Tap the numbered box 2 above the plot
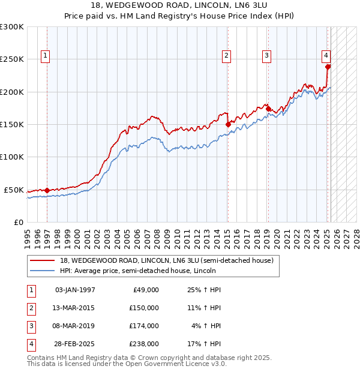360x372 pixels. pos(227,56)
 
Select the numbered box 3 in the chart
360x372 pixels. pos(266,56)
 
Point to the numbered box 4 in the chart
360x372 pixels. pos(326,56)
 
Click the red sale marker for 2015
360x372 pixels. pos(228,124)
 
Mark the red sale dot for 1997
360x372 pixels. pos(47,190)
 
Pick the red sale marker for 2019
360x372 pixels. pos(268,109)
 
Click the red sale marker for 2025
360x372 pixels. pos(328,67)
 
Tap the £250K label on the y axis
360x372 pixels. pos(12,59)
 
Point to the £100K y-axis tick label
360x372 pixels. pos(12,157)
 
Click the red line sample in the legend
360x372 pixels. pos(42,260)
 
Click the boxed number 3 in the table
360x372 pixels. pos(31,326)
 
